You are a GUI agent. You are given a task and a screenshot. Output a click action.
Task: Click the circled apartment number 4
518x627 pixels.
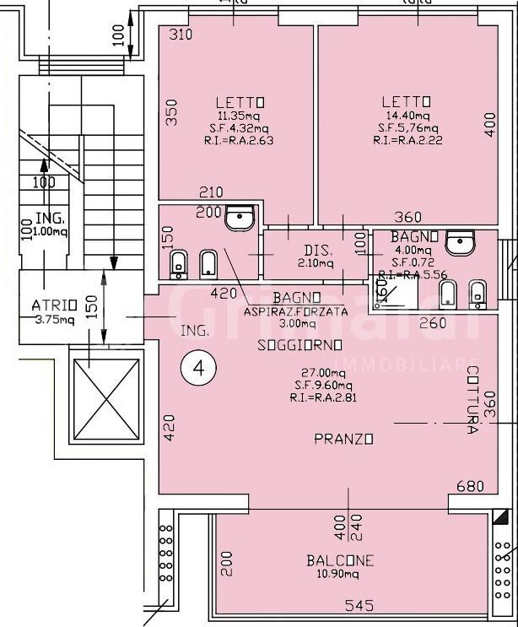tap(200, 367)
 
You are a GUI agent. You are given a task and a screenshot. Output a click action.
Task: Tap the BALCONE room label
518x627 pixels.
tap(340, 560)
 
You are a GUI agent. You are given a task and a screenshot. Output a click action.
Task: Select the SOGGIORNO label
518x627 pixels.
tap(300, 345)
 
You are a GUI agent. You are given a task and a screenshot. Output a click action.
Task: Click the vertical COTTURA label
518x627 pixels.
tap(472, 400)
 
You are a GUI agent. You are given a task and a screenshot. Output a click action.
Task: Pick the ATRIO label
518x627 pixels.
tap(55, 305)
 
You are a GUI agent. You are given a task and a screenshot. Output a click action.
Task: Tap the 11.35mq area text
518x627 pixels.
tap(240, 116)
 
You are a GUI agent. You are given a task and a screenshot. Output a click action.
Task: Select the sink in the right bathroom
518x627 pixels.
tap(460, 243)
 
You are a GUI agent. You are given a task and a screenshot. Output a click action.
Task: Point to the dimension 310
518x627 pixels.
tap(180, 35)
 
